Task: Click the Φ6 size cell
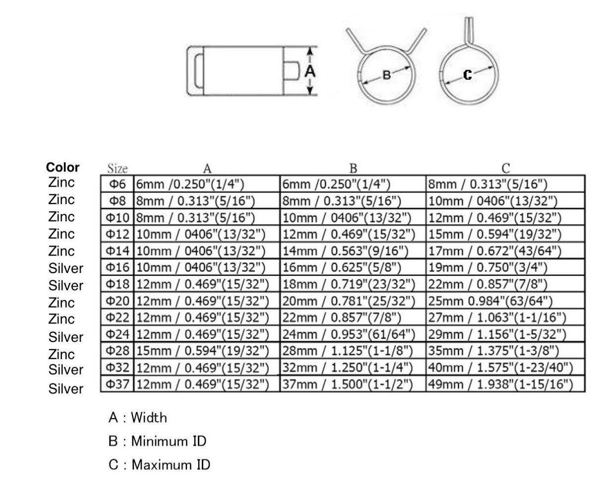coord(117,184)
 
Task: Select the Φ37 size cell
coord(117,384)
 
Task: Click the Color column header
coord(62,167)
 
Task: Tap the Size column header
coord(118,168)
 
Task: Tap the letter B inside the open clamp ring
coord(387,75)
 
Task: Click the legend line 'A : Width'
coord(138,418)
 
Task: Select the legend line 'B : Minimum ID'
coord(157,441)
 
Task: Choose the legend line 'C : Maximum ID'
coord(159,465)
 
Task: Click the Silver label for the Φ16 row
coord(66,269)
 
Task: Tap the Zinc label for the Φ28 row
coord(61,354)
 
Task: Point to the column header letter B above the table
coord(353,168)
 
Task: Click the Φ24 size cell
coord(117,334)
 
